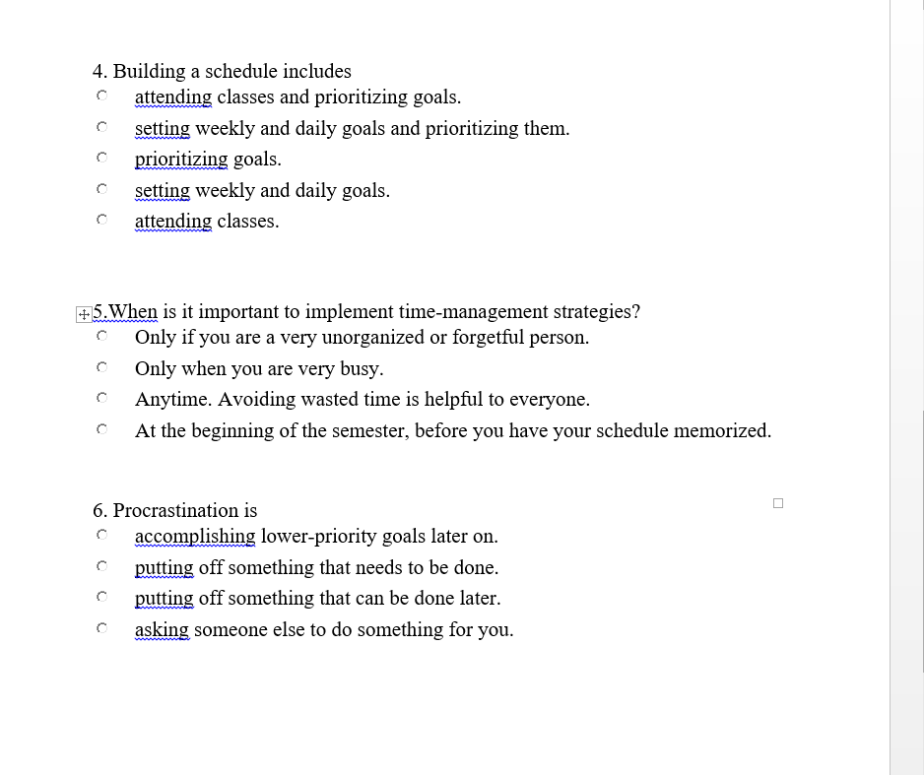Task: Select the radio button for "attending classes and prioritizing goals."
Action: pyautogui.click(x=101, y=97)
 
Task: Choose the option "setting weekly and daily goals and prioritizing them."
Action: pyautogui.click(x=101, y=127)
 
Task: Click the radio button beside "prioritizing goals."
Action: pyautogui.click(x=101, y=158)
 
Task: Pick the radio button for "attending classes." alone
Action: pyautogui.click(x=101, y=220)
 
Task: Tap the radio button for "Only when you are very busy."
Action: pyautogui.click(x=101, y=367)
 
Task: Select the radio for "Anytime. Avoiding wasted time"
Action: pyautogui.click(x=101, y=399)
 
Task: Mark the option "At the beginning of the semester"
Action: pyautogui.click(x=101, y=429)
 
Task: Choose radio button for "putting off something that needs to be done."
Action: pyautogui.click(x=101, y=566)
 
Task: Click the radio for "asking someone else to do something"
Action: pyautogui.click(x=101, y=628)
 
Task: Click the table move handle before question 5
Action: pyautogui.click(x=83, y=314)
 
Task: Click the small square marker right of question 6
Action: pyautogui.click(x=778, y=503)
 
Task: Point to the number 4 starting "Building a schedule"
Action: pyautogui.click(x=98, y=71)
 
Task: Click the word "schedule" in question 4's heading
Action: pyautogui.click(x=241, y=71)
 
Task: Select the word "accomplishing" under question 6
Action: pyautogui.click(x=195, y=537)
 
